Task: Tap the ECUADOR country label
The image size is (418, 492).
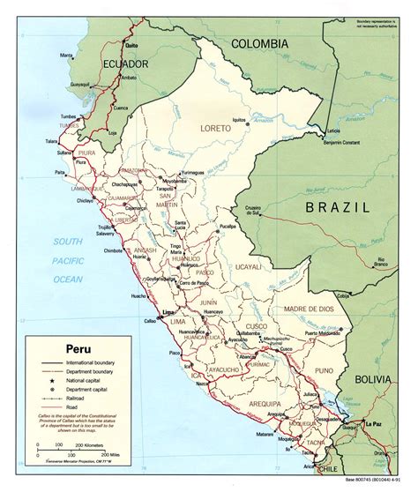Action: click(94, 64)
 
